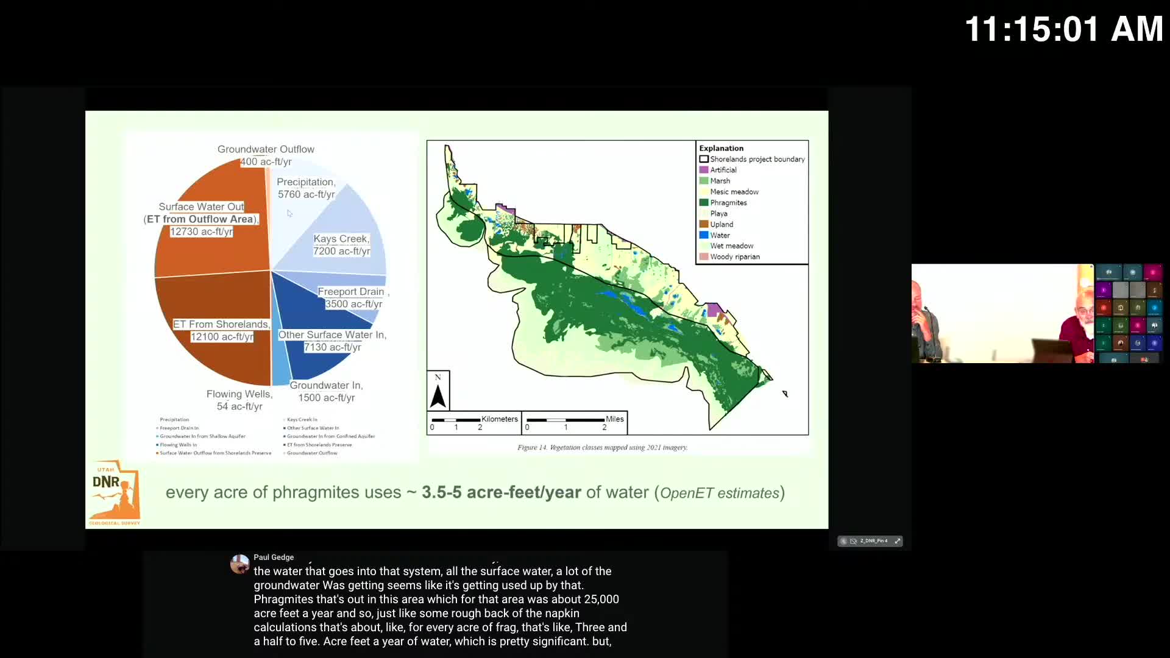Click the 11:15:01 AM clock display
point(1063,29)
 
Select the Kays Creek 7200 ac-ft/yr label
point(341,245)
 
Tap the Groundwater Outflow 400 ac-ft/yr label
point(266,155)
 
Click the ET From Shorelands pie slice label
point(221,330)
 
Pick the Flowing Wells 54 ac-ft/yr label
point(239,400)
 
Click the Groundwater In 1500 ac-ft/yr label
point(326,391)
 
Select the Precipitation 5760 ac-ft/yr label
point(306,188)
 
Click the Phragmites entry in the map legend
point(728,203)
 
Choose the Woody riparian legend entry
point(734,257)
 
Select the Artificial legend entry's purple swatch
point(704,170)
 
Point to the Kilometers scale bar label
point(499,419)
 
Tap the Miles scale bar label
point(614,419)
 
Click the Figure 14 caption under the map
point(602,447)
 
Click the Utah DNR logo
point(115,492)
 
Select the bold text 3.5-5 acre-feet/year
point(501,492)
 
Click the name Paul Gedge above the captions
point(274,557)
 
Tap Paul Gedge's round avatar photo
point(239,564)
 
